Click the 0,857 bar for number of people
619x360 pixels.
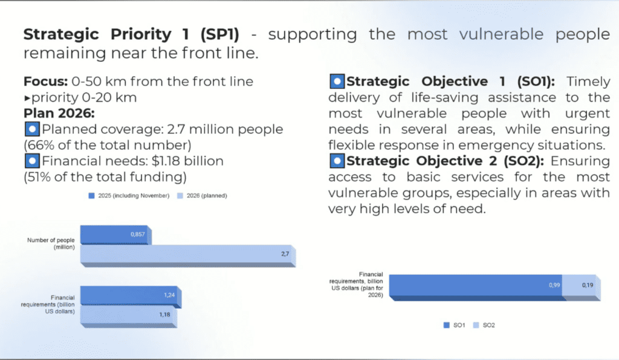coord(115,234)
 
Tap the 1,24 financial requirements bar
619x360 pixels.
coord(129,295)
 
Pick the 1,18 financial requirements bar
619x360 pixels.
coord(127,315)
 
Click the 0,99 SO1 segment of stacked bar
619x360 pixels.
coord(475,285)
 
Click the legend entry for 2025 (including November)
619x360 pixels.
coord(128,195)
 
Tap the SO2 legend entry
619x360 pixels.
coord(486,325)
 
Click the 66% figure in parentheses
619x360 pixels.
coord(40,145)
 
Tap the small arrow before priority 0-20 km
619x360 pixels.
coord(27,98)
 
